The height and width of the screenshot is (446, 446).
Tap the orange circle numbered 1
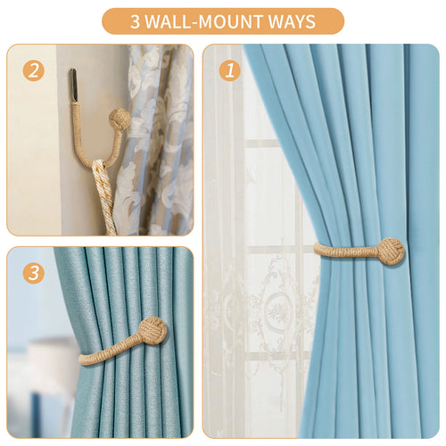230,70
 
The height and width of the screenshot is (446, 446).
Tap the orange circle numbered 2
34,70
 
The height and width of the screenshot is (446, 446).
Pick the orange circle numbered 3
34,273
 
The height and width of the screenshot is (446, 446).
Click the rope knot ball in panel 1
389,251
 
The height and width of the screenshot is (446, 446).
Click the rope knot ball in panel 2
120,120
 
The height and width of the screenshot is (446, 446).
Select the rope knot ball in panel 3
153,334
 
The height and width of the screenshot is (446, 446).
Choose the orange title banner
223,21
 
